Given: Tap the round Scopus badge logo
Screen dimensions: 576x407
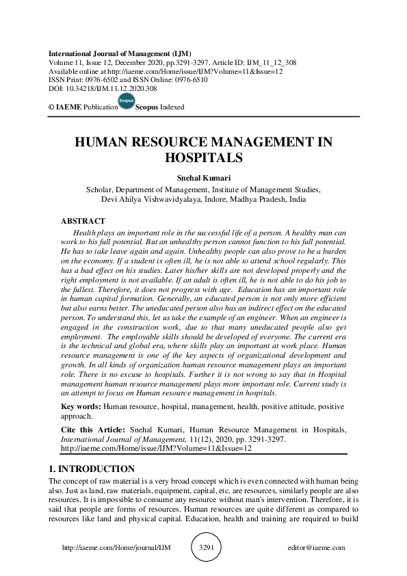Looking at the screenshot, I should (127, 103).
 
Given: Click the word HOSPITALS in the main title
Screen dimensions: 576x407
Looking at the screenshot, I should (203, 157).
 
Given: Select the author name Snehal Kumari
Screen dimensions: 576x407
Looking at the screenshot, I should (203, 177).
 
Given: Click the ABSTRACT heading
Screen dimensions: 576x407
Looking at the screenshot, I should (83, 221).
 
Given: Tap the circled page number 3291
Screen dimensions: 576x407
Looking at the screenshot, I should (204, 548).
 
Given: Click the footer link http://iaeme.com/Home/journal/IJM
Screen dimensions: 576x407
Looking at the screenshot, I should (116, 548).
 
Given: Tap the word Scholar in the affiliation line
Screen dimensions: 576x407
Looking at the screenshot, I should (100, 189).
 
